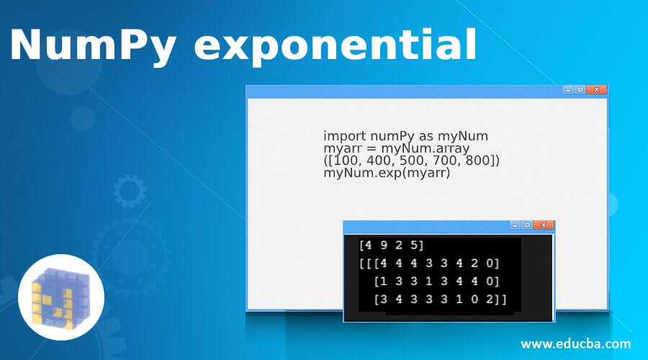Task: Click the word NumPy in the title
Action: tap(92, 47)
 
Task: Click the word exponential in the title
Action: tap(336, 47)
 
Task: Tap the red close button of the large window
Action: tap(597, 89)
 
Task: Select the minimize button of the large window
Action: tap(568, 89)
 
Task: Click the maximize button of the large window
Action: tap(580, 89)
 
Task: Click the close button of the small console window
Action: tap(544, 225)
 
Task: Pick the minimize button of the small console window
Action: tap(515, 225)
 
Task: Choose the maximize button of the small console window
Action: tap(527, 225)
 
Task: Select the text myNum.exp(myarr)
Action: tap(386, 173)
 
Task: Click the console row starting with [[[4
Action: tap(429, 263)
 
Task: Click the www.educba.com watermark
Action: tap(575, 343)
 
